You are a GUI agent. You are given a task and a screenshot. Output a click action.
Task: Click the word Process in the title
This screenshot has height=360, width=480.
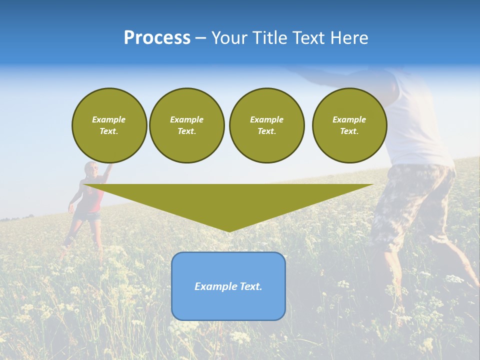point(157,37)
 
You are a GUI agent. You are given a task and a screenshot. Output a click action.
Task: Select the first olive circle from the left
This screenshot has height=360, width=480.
point(109,125)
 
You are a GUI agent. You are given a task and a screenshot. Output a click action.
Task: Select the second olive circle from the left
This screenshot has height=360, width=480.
point(187,125)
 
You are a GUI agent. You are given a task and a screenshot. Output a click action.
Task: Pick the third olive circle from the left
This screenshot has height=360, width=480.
point(266,125)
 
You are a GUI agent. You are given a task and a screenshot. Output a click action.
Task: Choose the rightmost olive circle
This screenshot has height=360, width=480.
point(349,125)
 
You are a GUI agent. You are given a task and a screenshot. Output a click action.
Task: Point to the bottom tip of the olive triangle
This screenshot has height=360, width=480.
point(229,231)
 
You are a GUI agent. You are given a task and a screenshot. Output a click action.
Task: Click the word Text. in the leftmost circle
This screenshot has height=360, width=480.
point(109,131)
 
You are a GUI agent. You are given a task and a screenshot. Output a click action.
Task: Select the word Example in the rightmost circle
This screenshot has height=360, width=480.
point(349,119)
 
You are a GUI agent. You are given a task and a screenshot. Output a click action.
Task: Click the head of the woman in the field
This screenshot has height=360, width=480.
point(90,169)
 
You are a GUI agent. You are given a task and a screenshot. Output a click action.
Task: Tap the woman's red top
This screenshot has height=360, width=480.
point(95,198)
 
